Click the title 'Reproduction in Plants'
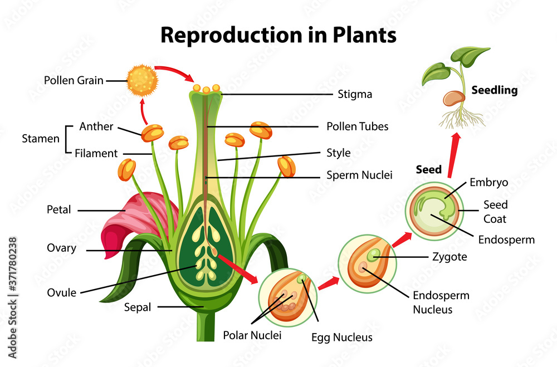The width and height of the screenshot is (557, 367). coord(278,35)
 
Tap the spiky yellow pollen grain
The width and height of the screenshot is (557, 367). coord(143,80)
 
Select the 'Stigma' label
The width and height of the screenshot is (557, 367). coord(355,94)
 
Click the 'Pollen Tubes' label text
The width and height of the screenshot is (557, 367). coord(357,126)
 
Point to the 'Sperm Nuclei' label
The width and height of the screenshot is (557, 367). coord(359,175)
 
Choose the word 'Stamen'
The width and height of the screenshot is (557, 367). coord(41,139)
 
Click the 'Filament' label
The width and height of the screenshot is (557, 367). coord(96,153)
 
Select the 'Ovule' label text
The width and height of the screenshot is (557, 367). coord(62,292)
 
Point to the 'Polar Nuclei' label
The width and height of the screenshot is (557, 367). coord(252,335)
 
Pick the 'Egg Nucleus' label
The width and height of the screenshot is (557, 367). coord(342,337)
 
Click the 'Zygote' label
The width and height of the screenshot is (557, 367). coord(449,257)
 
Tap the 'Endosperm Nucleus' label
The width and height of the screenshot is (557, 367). coord(441,302)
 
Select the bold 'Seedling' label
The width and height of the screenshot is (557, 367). coord(495,90)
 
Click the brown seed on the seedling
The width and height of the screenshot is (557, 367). coord(453,99)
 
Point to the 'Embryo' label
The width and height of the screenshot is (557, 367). coord(488,182)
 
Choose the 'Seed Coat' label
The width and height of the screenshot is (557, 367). coord(495,212)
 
